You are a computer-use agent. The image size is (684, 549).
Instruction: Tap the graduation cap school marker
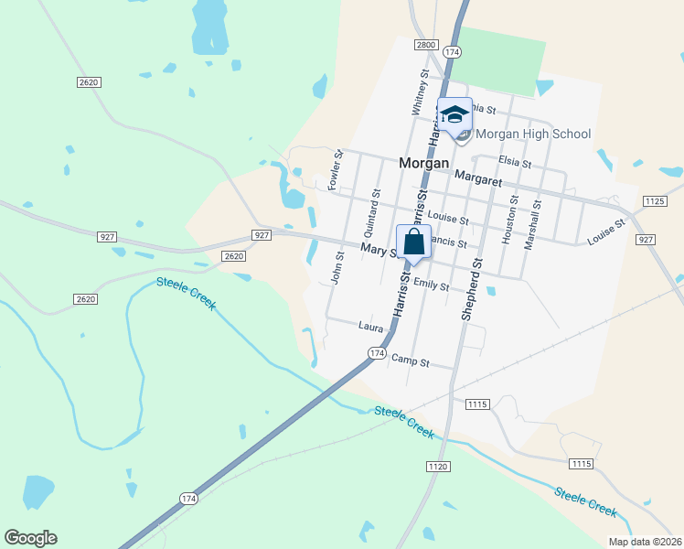coord(454,114)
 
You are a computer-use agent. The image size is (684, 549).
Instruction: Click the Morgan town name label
coord(424,163)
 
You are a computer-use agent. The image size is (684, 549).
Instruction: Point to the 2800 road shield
coord(425,44)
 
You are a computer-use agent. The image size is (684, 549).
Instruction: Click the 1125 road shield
coord(654,200)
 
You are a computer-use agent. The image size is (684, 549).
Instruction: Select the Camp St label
coord(410,361)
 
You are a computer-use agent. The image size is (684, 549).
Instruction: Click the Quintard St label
coord(376,206)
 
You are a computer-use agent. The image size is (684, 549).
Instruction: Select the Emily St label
coord(431,285)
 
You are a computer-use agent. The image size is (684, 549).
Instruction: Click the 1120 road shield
coord(438,467)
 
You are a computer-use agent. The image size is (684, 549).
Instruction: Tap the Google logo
coord(30,538)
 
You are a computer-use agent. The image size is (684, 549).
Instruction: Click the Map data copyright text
coord(646,542)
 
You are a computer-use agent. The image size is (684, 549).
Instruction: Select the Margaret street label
coord(478,181)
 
